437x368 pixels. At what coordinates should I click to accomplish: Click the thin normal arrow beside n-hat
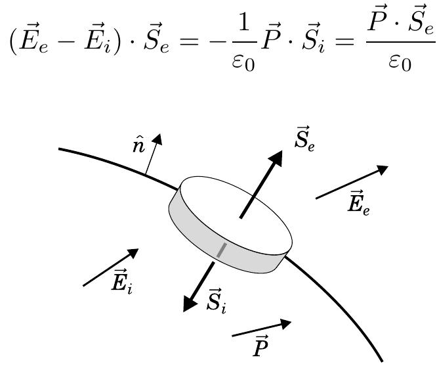(152, 156)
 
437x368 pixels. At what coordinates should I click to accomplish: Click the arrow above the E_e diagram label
(352, 182)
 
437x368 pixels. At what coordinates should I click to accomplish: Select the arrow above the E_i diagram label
(111, 267)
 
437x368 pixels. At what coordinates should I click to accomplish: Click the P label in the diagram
(260, 348)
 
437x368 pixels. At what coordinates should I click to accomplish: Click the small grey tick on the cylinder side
(221, 250)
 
